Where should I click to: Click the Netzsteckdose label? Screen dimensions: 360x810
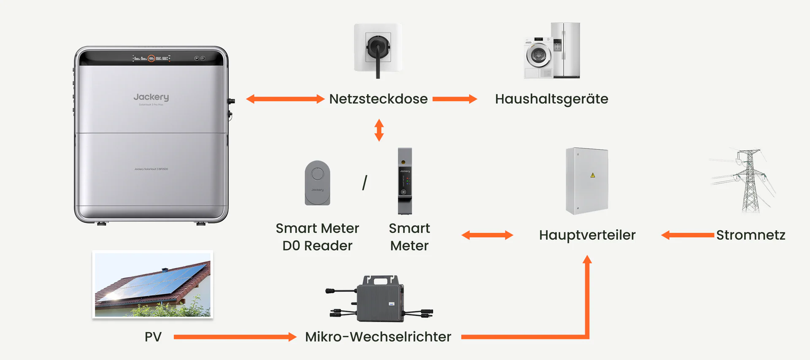click(378, 99)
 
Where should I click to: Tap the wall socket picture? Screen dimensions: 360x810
click(378, 49)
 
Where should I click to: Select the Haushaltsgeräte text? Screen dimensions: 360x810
click(551, 99)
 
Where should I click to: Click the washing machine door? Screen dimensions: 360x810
click(538, 55)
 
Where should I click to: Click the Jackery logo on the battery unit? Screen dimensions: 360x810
click(151, 97)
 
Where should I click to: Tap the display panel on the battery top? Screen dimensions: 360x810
click(151, 58)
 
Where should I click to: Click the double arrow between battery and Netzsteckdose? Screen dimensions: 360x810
click(285, 99)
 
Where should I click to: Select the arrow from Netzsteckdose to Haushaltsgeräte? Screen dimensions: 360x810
click(454, 99)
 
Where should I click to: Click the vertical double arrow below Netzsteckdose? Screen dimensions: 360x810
click(379, 130)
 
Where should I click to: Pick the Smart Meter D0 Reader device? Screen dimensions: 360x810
click(317, 183)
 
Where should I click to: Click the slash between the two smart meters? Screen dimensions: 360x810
click(364, 183)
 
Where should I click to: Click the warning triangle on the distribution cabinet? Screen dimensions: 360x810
click(593, 175)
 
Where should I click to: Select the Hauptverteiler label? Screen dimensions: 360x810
click(587, 235)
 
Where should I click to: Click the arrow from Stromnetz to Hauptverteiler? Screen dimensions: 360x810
click(688, 235)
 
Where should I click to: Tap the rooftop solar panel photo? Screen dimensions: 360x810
click(153, 284)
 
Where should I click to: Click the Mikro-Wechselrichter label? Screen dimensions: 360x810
click(378, 337)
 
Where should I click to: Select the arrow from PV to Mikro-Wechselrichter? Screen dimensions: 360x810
click(235, 337)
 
